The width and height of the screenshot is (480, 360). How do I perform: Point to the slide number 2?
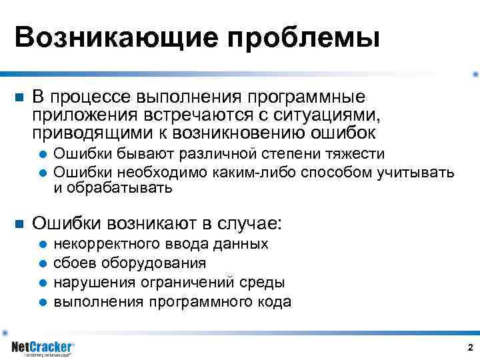pos(470,348)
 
